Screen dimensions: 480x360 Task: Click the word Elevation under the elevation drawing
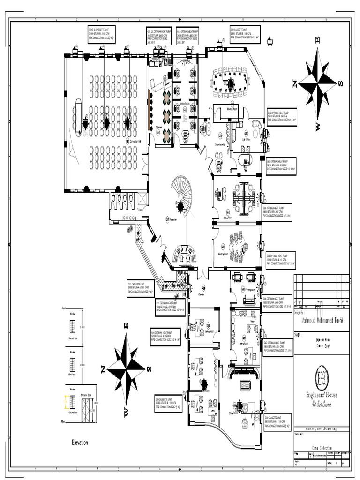[x=80, y=442]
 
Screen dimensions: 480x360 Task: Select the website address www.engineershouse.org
[x=322, y=429]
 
